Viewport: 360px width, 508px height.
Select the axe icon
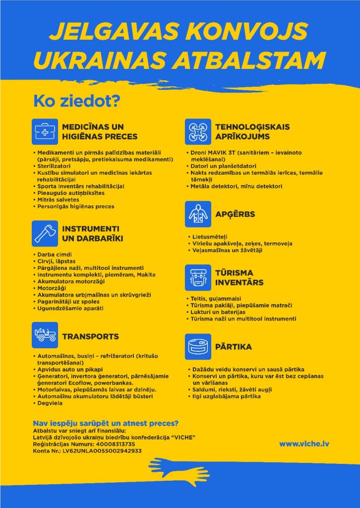(45, 233)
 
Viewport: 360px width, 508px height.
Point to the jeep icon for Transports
(45, 335)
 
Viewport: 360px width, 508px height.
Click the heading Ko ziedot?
(76, 101)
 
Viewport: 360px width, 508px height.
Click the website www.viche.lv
(303, 444)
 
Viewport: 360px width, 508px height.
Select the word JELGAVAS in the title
(115, 32)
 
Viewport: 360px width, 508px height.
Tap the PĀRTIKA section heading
(234, 347)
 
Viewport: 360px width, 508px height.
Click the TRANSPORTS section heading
(90, 336)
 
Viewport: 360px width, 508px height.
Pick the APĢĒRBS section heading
(235, 214)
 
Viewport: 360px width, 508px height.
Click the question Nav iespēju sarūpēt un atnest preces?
(106, 423)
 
